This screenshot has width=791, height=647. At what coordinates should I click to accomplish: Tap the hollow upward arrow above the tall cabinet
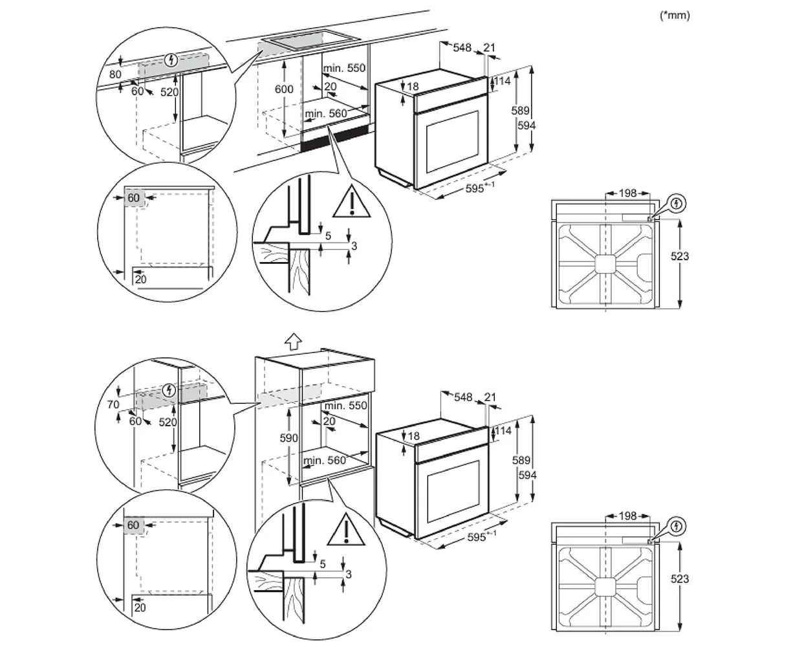[x=293, y=341]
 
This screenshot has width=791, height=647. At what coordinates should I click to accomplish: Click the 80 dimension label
[x=115, y=74]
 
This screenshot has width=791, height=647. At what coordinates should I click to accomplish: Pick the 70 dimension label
[x=114, y=406]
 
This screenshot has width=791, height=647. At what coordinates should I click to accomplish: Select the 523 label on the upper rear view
[x=679, y=256]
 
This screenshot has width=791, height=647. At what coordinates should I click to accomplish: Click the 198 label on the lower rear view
[x=627, y=516]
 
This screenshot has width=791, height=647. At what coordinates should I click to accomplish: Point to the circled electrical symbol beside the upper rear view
[x=677, y=204]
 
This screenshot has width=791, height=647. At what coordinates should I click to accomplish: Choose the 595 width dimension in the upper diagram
[x=478, y=190]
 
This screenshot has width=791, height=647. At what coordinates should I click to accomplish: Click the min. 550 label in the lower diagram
[x=346, y=406]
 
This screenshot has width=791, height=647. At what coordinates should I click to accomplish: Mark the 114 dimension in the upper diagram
[x=503, y=82]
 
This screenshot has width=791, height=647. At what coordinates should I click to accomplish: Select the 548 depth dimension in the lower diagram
[x=464, y=397]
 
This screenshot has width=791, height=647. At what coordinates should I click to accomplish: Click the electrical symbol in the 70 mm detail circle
[x=169, y=389]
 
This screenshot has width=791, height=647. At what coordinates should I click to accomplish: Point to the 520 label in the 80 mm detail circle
[x=169, y=92]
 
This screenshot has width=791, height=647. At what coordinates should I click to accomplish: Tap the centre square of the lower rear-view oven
[x=605, y=586]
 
